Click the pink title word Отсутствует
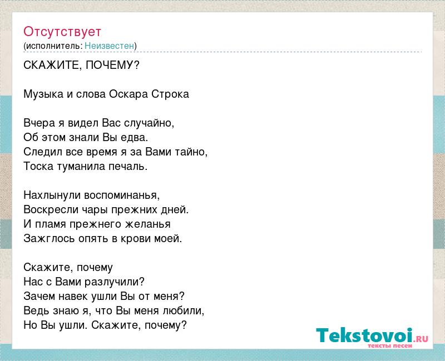62,32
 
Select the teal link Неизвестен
109,46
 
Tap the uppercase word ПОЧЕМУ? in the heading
112,66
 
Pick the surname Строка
170,94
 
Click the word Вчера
40,123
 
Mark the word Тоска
38,166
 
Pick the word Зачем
39,297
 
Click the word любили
184,311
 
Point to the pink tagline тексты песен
390,345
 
